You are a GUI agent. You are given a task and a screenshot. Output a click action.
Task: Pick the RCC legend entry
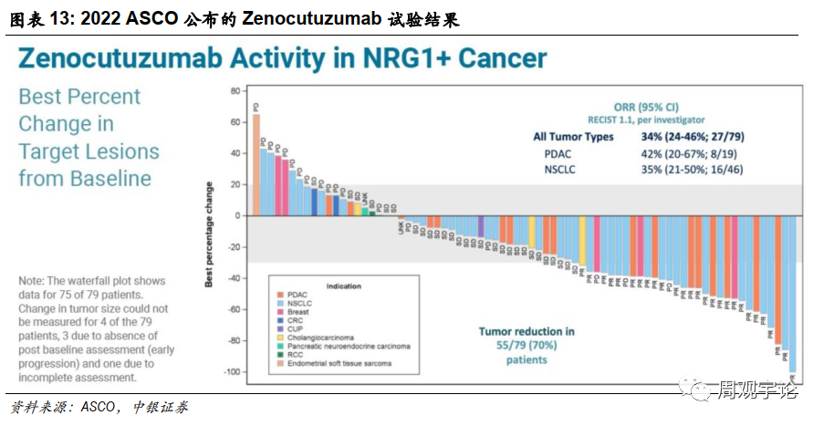click(296, 355)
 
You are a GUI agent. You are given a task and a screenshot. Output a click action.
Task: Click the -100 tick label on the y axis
click(231, 372)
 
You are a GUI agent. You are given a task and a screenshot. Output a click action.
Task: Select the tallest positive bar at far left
click(256, 165)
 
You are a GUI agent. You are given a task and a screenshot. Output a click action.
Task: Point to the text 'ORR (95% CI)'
click(646, 106)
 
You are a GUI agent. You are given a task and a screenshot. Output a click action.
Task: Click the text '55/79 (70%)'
click(527, 345)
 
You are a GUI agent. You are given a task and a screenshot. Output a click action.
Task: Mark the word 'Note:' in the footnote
click(34, 282)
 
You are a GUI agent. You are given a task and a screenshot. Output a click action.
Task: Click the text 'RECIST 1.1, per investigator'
click(646, 119)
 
